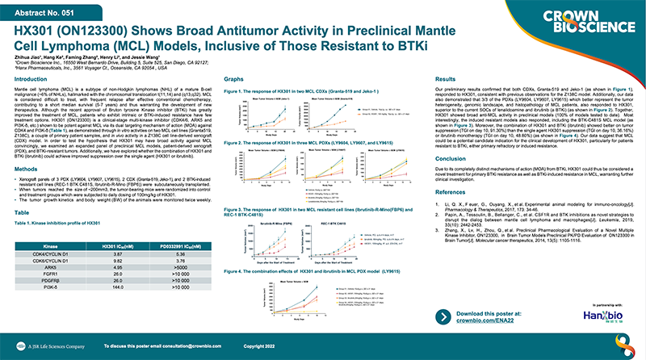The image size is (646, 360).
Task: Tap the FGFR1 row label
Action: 48,270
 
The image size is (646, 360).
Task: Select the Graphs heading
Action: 233,80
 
